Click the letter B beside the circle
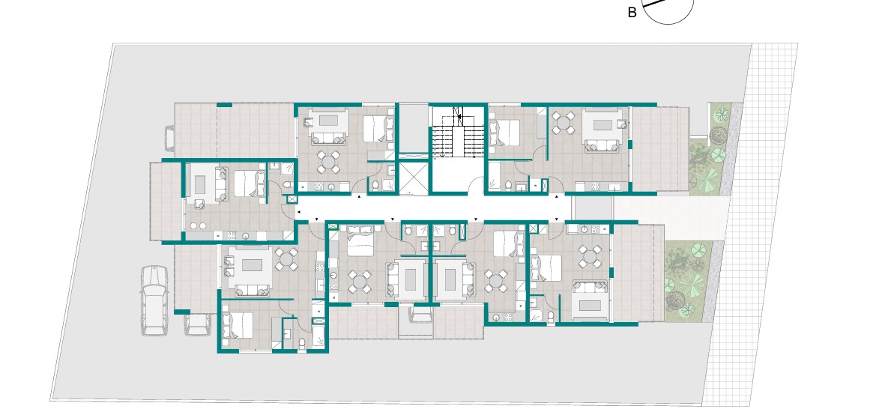coord(632,13)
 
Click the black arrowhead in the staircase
coord(459,117)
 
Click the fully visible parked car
coord(154,300)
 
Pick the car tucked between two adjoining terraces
coord(420,314)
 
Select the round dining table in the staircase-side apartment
coord(564,122)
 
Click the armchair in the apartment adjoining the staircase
coord(620,124)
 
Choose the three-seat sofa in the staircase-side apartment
coord(602,146)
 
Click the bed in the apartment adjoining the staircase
coord(504,132)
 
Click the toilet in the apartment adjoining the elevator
coord(375,185)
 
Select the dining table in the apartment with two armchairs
coord(285,259)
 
